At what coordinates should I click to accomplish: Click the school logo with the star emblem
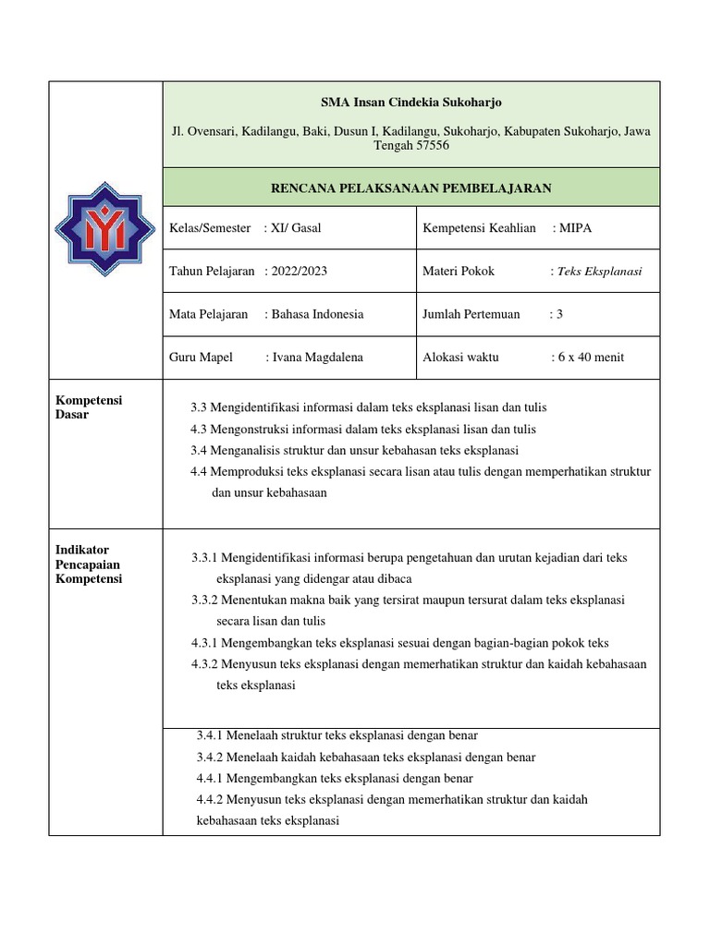(104, 229)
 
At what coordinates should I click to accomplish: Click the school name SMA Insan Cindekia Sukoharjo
(410, 102)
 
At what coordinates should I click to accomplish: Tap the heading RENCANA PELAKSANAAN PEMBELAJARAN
(410, 188)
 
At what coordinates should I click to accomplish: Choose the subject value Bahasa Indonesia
(317, 314)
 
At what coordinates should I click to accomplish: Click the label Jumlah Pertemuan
(471, 314)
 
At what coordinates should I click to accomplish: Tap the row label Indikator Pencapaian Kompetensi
(89, 564)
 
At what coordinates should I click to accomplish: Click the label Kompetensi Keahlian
(479, 228)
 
